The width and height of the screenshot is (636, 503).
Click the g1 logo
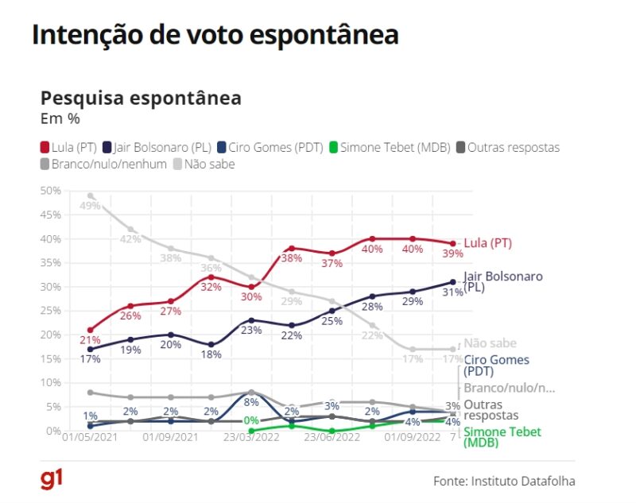click(52, 478)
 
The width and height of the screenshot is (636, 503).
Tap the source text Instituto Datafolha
click(504, 481)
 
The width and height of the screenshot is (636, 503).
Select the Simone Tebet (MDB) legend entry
click(390, 147)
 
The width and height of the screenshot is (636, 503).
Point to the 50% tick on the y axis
click(50, 191)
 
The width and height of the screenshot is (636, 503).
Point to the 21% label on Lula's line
click(89, 340)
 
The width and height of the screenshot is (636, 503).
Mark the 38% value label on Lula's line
click(290, 258)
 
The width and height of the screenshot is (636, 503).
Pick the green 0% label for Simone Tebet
click(251, 420)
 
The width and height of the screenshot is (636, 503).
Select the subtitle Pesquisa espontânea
click(141, 99)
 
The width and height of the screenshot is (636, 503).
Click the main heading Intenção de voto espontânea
click(215, 36)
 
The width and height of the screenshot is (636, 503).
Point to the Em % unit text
click(60, 118)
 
